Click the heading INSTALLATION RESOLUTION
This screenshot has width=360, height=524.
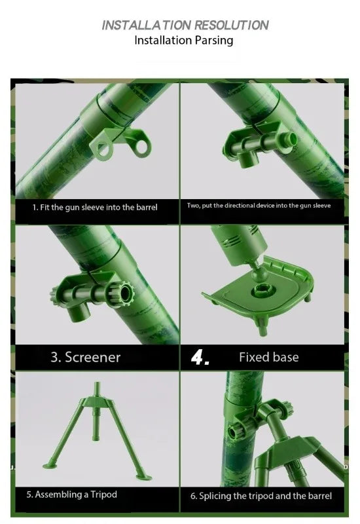click(x=185, y=25)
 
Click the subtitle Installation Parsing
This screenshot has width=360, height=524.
click(x=183, y=41)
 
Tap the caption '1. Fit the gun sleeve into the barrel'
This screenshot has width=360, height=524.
click(x=95, y=207)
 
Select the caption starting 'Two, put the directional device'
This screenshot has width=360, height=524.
click(x=259, y=206)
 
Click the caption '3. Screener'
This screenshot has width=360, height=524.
click(x=85, y=357)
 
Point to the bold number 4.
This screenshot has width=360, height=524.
click(x=200, y=358)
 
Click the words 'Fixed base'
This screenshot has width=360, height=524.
click(x=268, y=357)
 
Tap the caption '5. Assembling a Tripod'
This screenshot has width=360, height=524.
click(x=72, y=494)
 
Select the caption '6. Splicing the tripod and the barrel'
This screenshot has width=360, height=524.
click(x=261, y=496)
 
